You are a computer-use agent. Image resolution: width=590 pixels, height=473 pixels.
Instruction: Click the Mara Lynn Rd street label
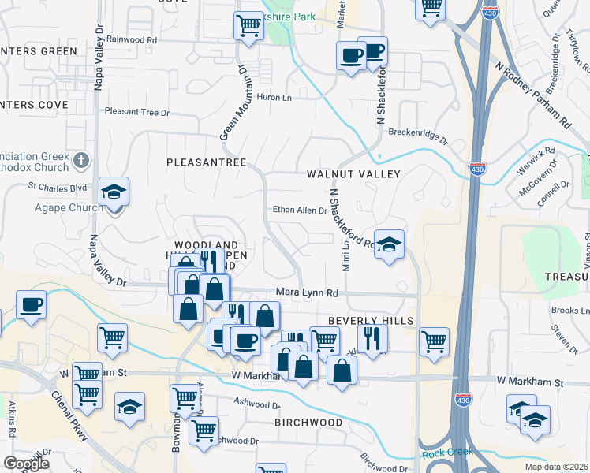[307, 293]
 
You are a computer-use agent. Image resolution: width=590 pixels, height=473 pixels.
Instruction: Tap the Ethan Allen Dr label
[299, 210]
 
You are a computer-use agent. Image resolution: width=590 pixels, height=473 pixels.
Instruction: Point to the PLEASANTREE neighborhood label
[207, 162]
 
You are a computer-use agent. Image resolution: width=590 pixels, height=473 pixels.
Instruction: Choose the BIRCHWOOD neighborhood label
[309, 423]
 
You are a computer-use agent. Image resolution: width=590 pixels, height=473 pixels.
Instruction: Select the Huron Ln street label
[274, 97]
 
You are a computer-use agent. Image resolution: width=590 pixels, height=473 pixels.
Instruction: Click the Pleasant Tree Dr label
[137, 112]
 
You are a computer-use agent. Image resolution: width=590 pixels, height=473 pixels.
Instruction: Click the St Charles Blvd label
[58, 188]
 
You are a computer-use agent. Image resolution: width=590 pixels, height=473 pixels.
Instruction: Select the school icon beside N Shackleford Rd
[389, 244]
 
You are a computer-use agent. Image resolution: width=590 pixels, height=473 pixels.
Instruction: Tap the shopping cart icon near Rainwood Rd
[248, 26]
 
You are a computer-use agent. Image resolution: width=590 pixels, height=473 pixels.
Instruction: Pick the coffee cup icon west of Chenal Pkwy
[31, 305]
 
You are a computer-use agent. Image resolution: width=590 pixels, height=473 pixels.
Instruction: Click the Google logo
[26, 464]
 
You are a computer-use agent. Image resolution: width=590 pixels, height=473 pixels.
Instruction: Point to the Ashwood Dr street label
[256, 402]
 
